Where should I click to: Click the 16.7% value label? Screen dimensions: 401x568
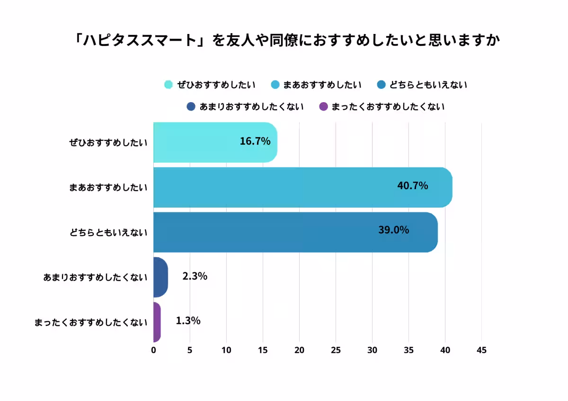255,141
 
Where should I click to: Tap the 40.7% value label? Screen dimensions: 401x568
412,186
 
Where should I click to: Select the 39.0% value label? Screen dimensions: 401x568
393,230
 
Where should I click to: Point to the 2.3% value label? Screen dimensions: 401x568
195,276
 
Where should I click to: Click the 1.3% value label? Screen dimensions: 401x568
188,321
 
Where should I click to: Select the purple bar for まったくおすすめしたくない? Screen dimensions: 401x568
157,322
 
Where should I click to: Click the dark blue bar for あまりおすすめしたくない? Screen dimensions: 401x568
160,277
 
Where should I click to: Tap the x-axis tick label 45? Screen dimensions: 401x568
481,350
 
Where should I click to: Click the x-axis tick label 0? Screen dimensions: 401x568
153,350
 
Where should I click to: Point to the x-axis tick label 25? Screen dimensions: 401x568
336,350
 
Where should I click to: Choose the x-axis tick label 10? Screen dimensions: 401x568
226,350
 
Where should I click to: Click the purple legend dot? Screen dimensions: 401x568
324,106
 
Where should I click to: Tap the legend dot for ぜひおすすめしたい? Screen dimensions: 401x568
168,85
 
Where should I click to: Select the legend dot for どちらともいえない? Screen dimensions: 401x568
381,85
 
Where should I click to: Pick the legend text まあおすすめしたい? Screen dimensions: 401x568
322,85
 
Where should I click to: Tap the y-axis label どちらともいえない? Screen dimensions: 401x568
108,233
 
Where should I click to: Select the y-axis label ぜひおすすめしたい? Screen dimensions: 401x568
108,143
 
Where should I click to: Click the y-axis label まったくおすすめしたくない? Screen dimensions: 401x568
91,323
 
